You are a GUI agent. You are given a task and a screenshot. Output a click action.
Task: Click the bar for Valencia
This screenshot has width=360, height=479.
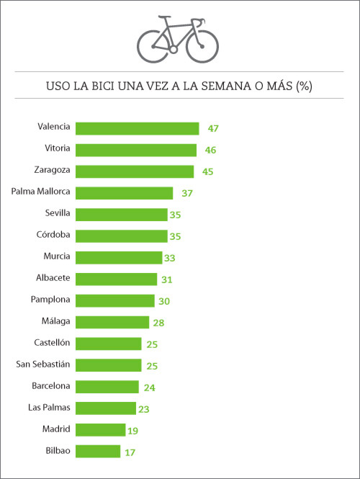pos(137,128)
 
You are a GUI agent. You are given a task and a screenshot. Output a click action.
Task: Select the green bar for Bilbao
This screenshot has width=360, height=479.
pos(98,452)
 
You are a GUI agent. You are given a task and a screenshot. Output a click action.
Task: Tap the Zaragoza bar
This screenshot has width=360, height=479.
pos(135,171)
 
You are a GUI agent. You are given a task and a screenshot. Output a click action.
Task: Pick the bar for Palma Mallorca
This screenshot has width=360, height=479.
pos(124,193)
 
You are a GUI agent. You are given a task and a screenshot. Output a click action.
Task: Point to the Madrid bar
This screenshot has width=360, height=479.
pos(100,430)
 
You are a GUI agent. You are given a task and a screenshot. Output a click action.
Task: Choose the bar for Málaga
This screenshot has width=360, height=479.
pos(112,322)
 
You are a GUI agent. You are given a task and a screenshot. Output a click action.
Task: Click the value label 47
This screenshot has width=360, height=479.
pos(212,128)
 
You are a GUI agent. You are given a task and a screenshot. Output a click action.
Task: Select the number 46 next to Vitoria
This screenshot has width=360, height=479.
pos(210,150)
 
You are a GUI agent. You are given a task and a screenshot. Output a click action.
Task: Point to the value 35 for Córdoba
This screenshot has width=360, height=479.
pos(176,236)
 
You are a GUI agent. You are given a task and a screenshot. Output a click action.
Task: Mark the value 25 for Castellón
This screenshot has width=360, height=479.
pos(151,344)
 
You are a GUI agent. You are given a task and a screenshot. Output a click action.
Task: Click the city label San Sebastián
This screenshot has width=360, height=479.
pos(43,364)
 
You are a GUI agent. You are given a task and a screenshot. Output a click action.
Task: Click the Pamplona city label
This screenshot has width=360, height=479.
pos(50,299)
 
